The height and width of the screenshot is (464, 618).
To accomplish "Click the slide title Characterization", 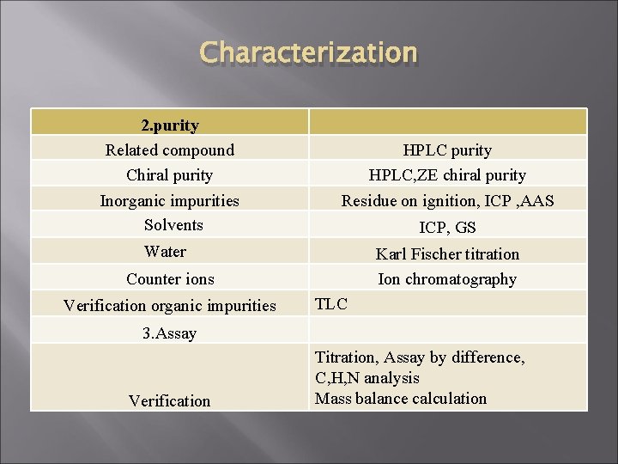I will tap(308, 54).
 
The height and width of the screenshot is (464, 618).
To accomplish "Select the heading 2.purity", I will tap(170, 125).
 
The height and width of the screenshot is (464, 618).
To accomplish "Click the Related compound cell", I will tap(170, 150).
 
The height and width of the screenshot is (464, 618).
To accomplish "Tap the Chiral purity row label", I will tap(170, 175).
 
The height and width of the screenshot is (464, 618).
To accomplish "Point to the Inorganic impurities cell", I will tap(170, 201).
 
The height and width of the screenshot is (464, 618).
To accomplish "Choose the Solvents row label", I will tap(170, 225).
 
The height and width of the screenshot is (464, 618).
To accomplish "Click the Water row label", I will tap(166, 252).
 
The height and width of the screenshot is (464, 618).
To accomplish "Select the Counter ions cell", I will tap(170, 279).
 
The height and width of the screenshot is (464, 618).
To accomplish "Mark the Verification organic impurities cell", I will tap(170, 305).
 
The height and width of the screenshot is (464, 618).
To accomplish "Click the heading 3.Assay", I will tap(170, 333).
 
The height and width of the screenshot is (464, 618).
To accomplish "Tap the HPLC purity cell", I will tap(447, 150).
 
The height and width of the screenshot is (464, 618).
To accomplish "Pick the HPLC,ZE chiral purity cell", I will tap(447, 175).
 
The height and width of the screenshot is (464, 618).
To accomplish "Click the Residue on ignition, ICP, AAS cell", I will tap(447, 201).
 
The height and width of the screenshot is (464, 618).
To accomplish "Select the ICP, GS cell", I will tap(447, 228).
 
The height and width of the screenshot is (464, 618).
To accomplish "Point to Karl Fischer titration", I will tap(447, 253).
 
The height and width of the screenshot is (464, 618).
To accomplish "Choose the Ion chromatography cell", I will tap(447, 279).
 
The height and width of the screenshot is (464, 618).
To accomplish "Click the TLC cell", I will tap(331, 303).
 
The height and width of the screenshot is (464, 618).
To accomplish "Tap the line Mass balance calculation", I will tap(401, 399).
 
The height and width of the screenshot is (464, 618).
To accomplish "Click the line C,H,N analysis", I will tap(367, 378).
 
